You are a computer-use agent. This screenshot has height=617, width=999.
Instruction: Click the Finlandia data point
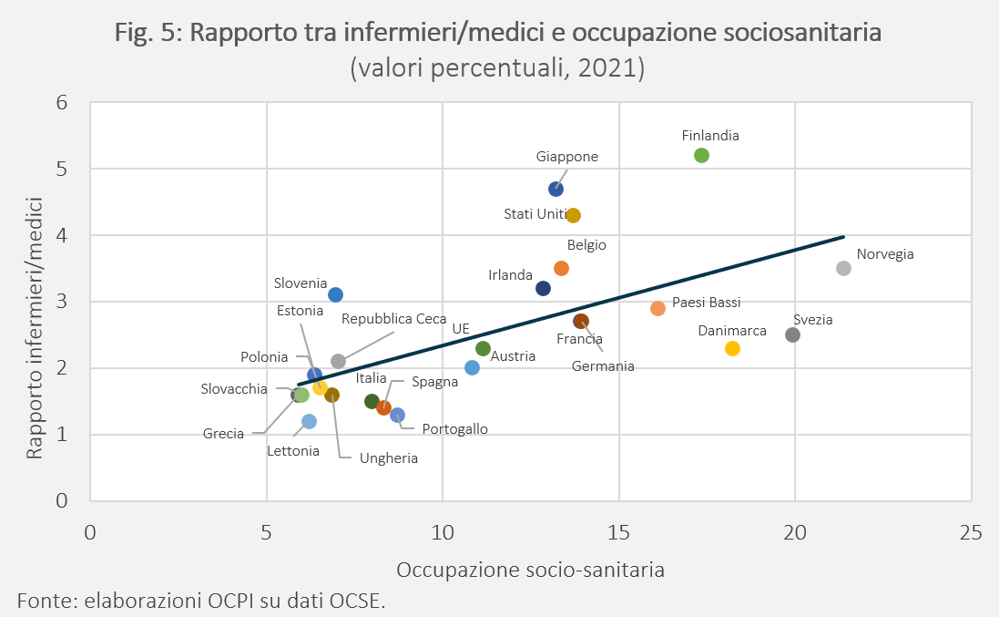coord(701,156)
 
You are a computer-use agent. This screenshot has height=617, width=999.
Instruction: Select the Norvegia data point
coord(843,268)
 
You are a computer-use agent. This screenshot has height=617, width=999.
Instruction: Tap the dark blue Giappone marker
coord(556,189)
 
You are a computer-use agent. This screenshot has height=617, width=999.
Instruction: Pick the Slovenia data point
coord(336,294)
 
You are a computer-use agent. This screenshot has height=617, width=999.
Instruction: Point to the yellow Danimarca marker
coord(733,349)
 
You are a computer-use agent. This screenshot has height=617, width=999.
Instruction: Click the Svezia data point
coord(792,334)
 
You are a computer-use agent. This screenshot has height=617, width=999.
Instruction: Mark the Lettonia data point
coord(309,421)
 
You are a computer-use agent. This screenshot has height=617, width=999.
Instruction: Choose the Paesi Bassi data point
coord(658,308)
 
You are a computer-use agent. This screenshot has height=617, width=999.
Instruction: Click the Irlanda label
coord(510,274)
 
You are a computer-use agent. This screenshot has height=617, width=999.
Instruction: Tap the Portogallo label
coord(455,429)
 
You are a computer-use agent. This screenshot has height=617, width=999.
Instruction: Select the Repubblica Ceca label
coord(393,319)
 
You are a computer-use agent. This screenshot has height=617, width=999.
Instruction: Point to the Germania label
coord(603,365)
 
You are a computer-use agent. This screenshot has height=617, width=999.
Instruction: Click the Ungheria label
coord(389,458)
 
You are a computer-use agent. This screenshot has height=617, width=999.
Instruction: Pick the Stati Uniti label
coord(535,214)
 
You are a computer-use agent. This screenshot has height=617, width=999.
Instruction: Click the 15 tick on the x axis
coord(618,532)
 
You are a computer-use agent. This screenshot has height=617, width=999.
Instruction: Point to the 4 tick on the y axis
coord(62,235)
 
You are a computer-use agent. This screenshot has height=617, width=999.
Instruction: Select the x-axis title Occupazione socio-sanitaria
coord(530,570)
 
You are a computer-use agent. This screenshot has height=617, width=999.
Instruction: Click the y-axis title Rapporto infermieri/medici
coord(35,327)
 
